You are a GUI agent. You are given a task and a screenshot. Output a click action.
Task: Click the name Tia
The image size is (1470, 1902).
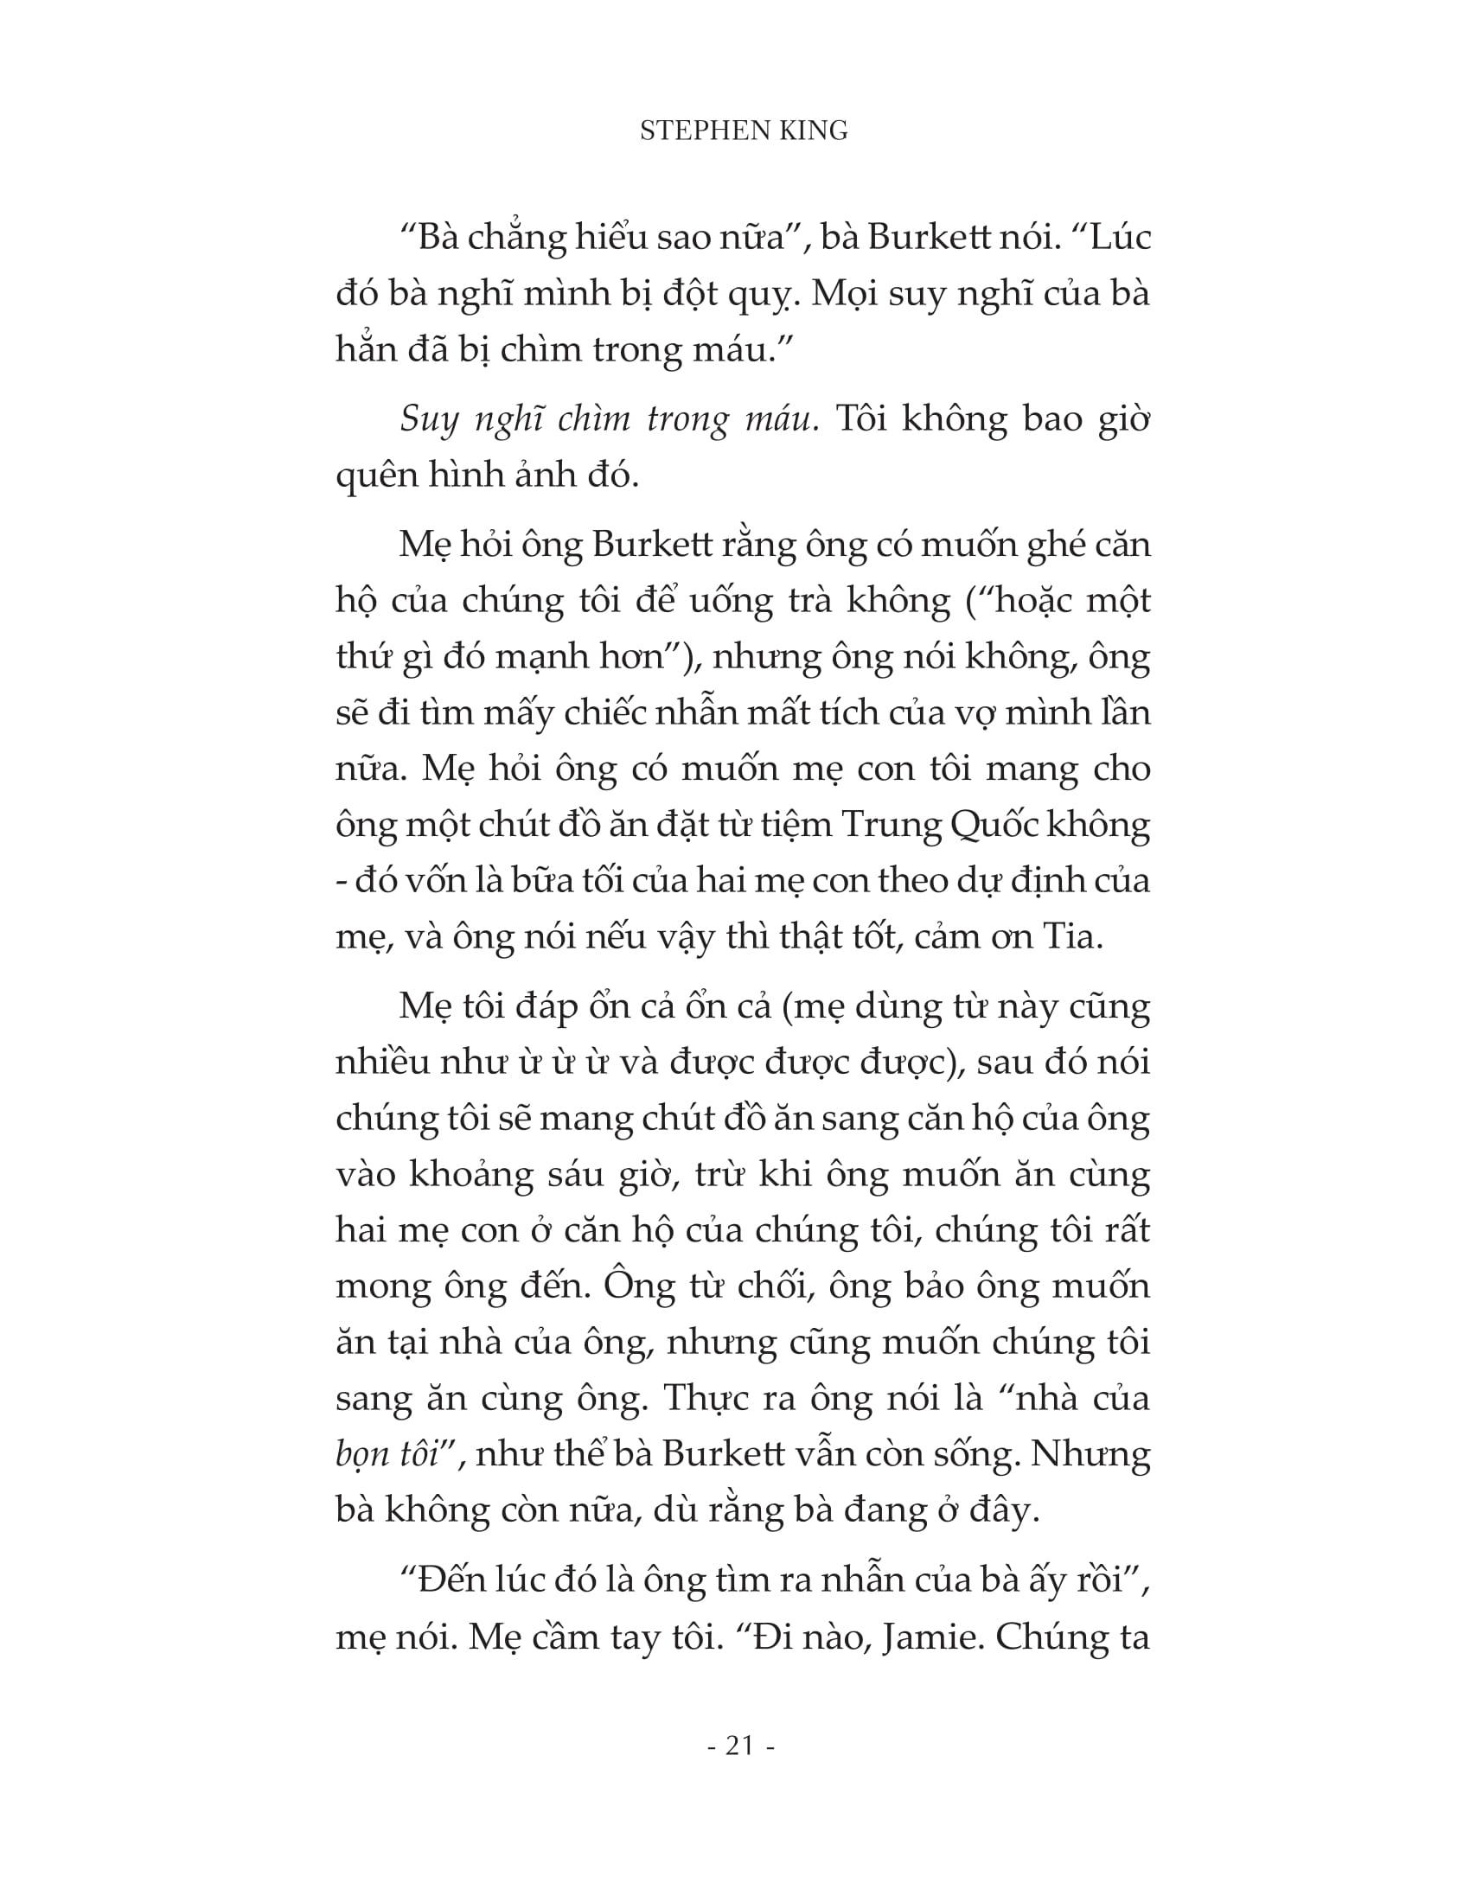(x=1077, y=938)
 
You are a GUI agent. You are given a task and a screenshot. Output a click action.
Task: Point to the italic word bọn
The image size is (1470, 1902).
(x=360, y=1456)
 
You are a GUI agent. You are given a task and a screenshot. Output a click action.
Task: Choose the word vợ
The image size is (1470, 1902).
(x=971, y=712)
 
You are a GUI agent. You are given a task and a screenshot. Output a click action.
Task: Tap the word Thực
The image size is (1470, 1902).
(x=702, y=1399)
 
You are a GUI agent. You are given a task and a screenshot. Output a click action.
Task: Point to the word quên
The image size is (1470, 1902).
(x=374, y=475)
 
